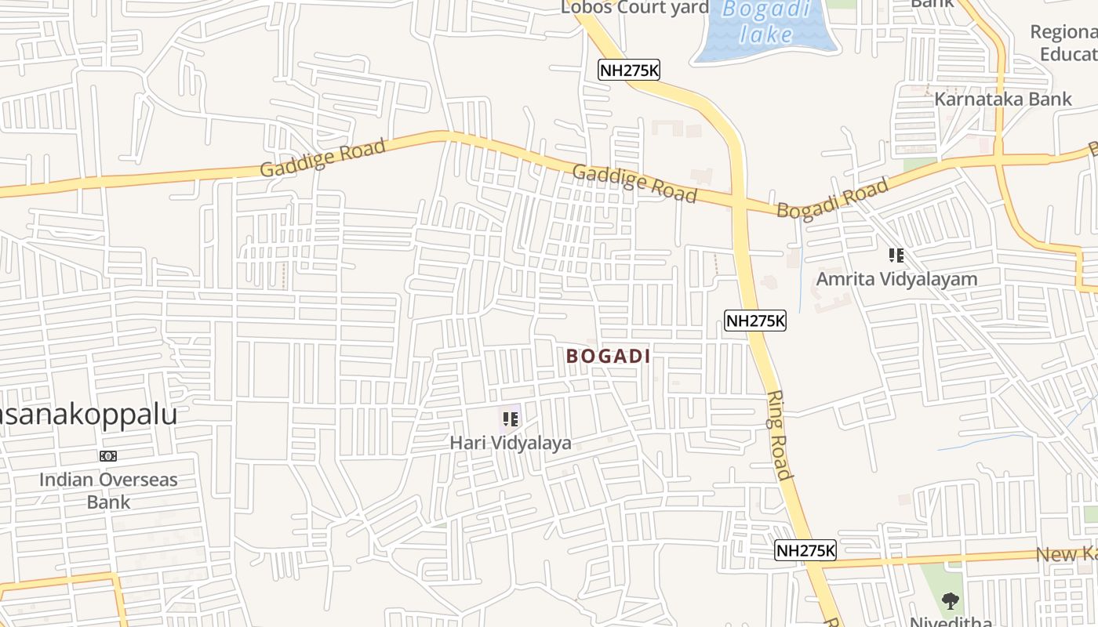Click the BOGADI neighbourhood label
[x=608, y=357]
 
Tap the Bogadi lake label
[x=765, y=22]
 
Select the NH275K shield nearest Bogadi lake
[x=629, y=71]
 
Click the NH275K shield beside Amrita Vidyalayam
[x=754, y=321]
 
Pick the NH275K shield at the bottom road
[x=805, y=550]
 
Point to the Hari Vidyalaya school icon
[x=511, y=419]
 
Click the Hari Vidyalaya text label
[x=511, y=444]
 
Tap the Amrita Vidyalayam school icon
[x=896, y=256]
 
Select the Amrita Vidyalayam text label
[x=896, y=279]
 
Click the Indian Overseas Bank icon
[x=108, y=456]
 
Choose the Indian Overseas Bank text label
[x=108, y=491]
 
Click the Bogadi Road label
[x=832, y=198]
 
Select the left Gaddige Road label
[x=322, y=158]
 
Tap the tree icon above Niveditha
[x=951, y=602]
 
